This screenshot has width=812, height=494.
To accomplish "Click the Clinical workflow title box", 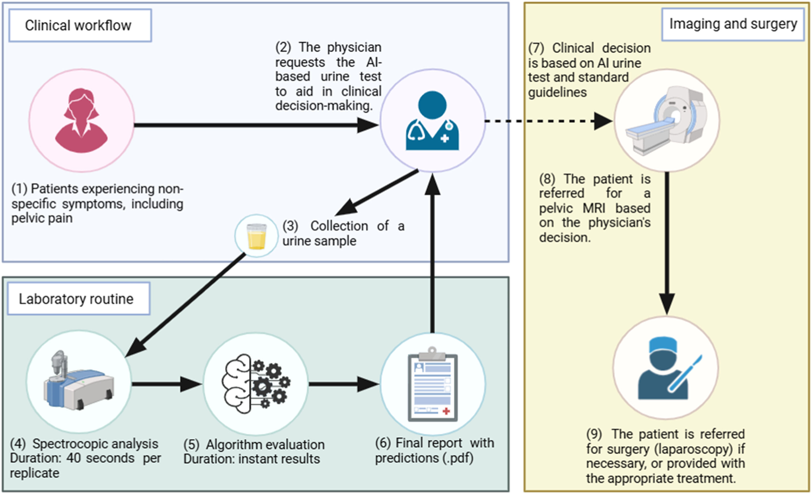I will coord(80,25).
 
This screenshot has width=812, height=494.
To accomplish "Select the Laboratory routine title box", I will coord(79,299).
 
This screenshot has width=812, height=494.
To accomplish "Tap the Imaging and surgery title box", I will coord(733,24).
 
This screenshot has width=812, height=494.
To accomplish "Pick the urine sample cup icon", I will coord(256,236).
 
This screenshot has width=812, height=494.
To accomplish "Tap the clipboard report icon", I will coord(433,384).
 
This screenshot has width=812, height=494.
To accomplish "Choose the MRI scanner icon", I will coord(666,121).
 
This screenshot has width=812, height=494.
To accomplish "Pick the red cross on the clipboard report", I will coord(447,411).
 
